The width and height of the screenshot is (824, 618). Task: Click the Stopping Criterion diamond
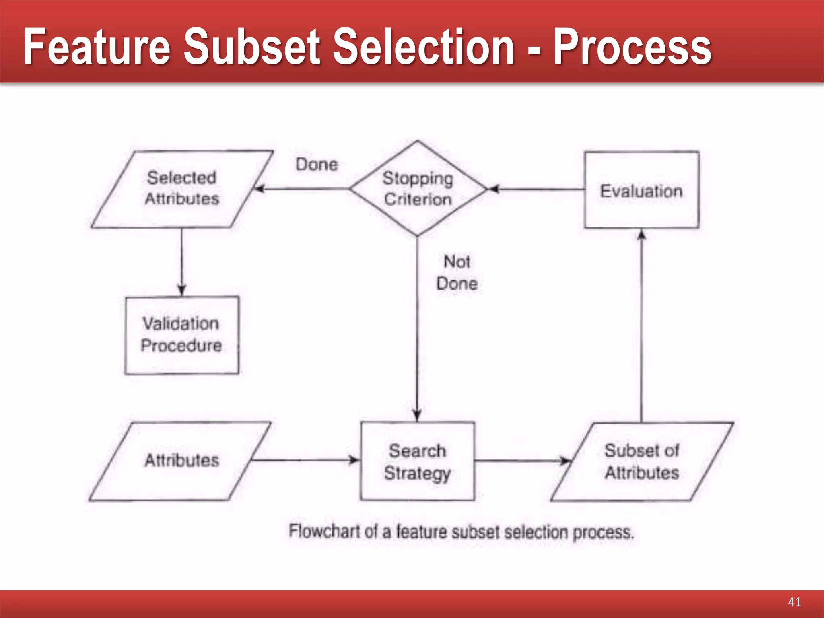tap(418, 188)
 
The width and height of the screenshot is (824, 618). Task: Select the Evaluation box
tap(641, 190)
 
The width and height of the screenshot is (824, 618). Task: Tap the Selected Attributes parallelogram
tap(182, 188)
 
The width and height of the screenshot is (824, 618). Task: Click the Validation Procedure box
tap(181, 335)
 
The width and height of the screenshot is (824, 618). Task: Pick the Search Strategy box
tap(417, 461)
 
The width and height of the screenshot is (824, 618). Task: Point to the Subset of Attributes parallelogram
tap(641, 461)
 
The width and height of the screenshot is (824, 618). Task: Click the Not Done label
tap(457, 273)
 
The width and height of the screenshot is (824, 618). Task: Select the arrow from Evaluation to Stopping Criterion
tap(535, 189)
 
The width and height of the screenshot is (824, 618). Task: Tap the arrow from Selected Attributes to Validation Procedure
tap(181, 262)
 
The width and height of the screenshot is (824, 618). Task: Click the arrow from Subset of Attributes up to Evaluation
tap(641, 326)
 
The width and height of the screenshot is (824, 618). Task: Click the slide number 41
tap(794, 602)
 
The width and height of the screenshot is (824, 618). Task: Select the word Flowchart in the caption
tap(324, 531)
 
